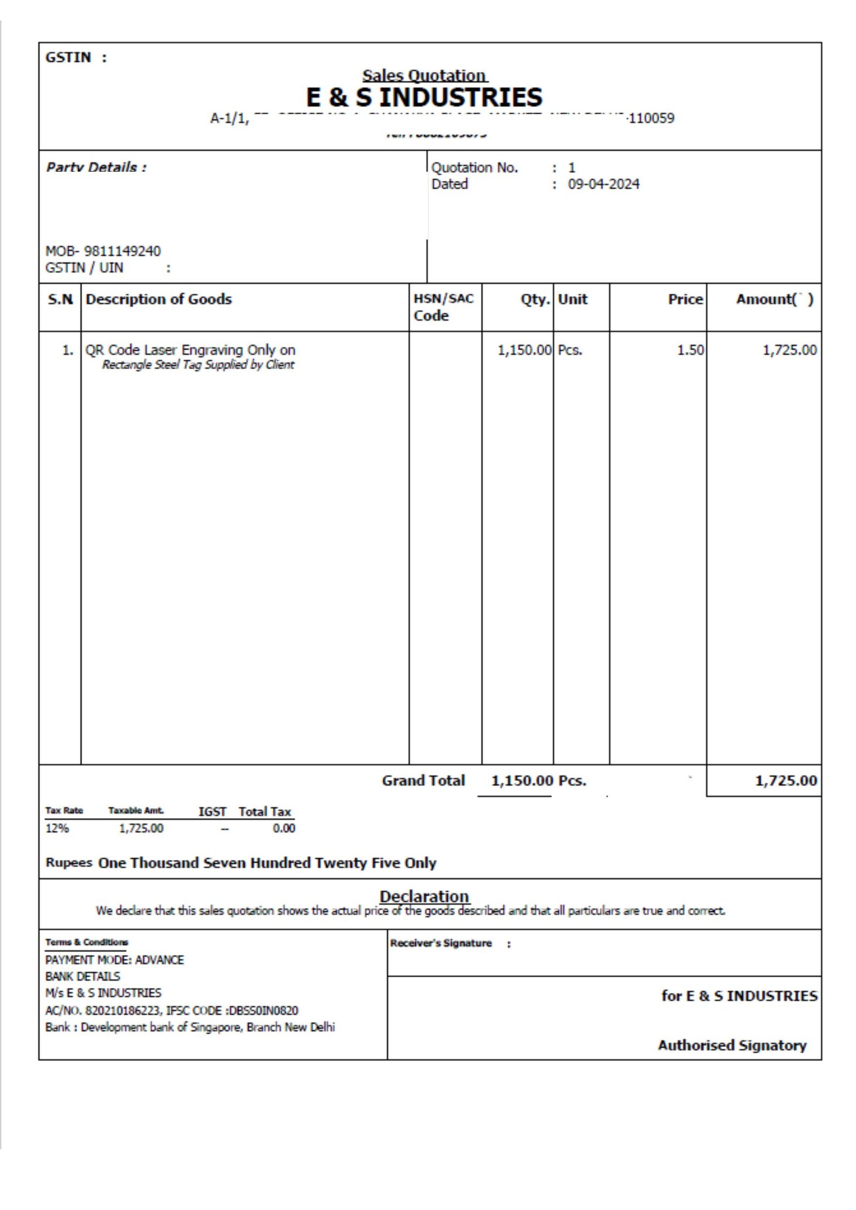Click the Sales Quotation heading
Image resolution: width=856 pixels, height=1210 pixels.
pos(424,75)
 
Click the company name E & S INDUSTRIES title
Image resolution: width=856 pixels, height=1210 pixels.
pos(424,97)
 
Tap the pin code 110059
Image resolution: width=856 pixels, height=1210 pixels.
pos(651,118)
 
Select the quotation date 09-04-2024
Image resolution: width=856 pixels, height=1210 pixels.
pos(603,184)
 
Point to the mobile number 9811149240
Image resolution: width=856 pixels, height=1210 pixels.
pos(123,251)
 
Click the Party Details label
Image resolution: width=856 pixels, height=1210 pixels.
pos(96,167)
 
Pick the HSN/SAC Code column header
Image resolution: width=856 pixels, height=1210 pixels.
pos(444,307)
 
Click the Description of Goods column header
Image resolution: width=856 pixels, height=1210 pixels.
pos(158,299)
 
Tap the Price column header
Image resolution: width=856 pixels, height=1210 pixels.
pos(685,300)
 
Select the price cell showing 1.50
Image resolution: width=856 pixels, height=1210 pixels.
pos(690,350)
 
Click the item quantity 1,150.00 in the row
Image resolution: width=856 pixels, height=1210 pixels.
pos(524,350)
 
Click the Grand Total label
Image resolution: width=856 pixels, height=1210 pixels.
pos(423,780)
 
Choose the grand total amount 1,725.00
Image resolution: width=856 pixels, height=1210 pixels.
pos(785,780)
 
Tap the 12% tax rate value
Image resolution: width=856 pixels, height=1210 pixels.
pos(57,828)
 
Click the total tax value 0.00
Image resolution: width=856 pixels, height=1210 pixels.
pos(284,828)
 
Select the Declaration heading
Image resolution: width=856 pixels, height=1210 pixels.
pos(424,896)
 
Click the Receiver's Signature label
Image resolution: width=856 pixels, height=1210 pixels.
pos(441,943)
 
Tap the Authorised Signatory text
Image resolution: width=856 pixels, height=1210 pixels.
pos(732,1045)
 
